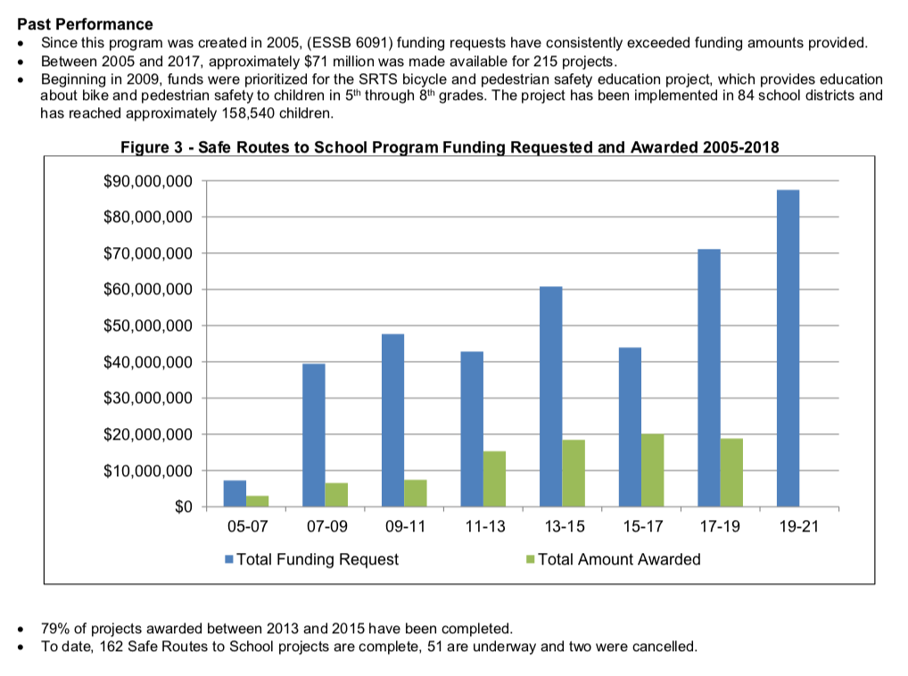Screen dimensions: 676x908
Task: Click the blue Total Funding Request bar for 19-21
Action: click(788, 348)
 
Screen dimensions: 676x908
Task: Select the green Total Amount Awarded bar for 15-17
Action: click(652, 470)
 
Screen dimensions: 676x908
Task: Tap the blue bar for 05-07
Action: click(235, 493)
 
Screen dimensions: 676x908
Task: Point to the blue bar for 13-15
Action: click(550, 396)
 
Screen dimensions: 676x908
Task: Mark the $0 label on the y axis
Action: click(181, 507)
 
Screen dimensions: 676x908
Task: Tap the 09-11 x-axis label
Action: click(405, 526)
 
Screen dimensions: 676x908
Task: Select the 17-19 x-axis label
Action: click(720, 526)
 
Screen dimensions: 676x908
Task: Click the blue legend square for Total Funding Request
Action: click(229, 560)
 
